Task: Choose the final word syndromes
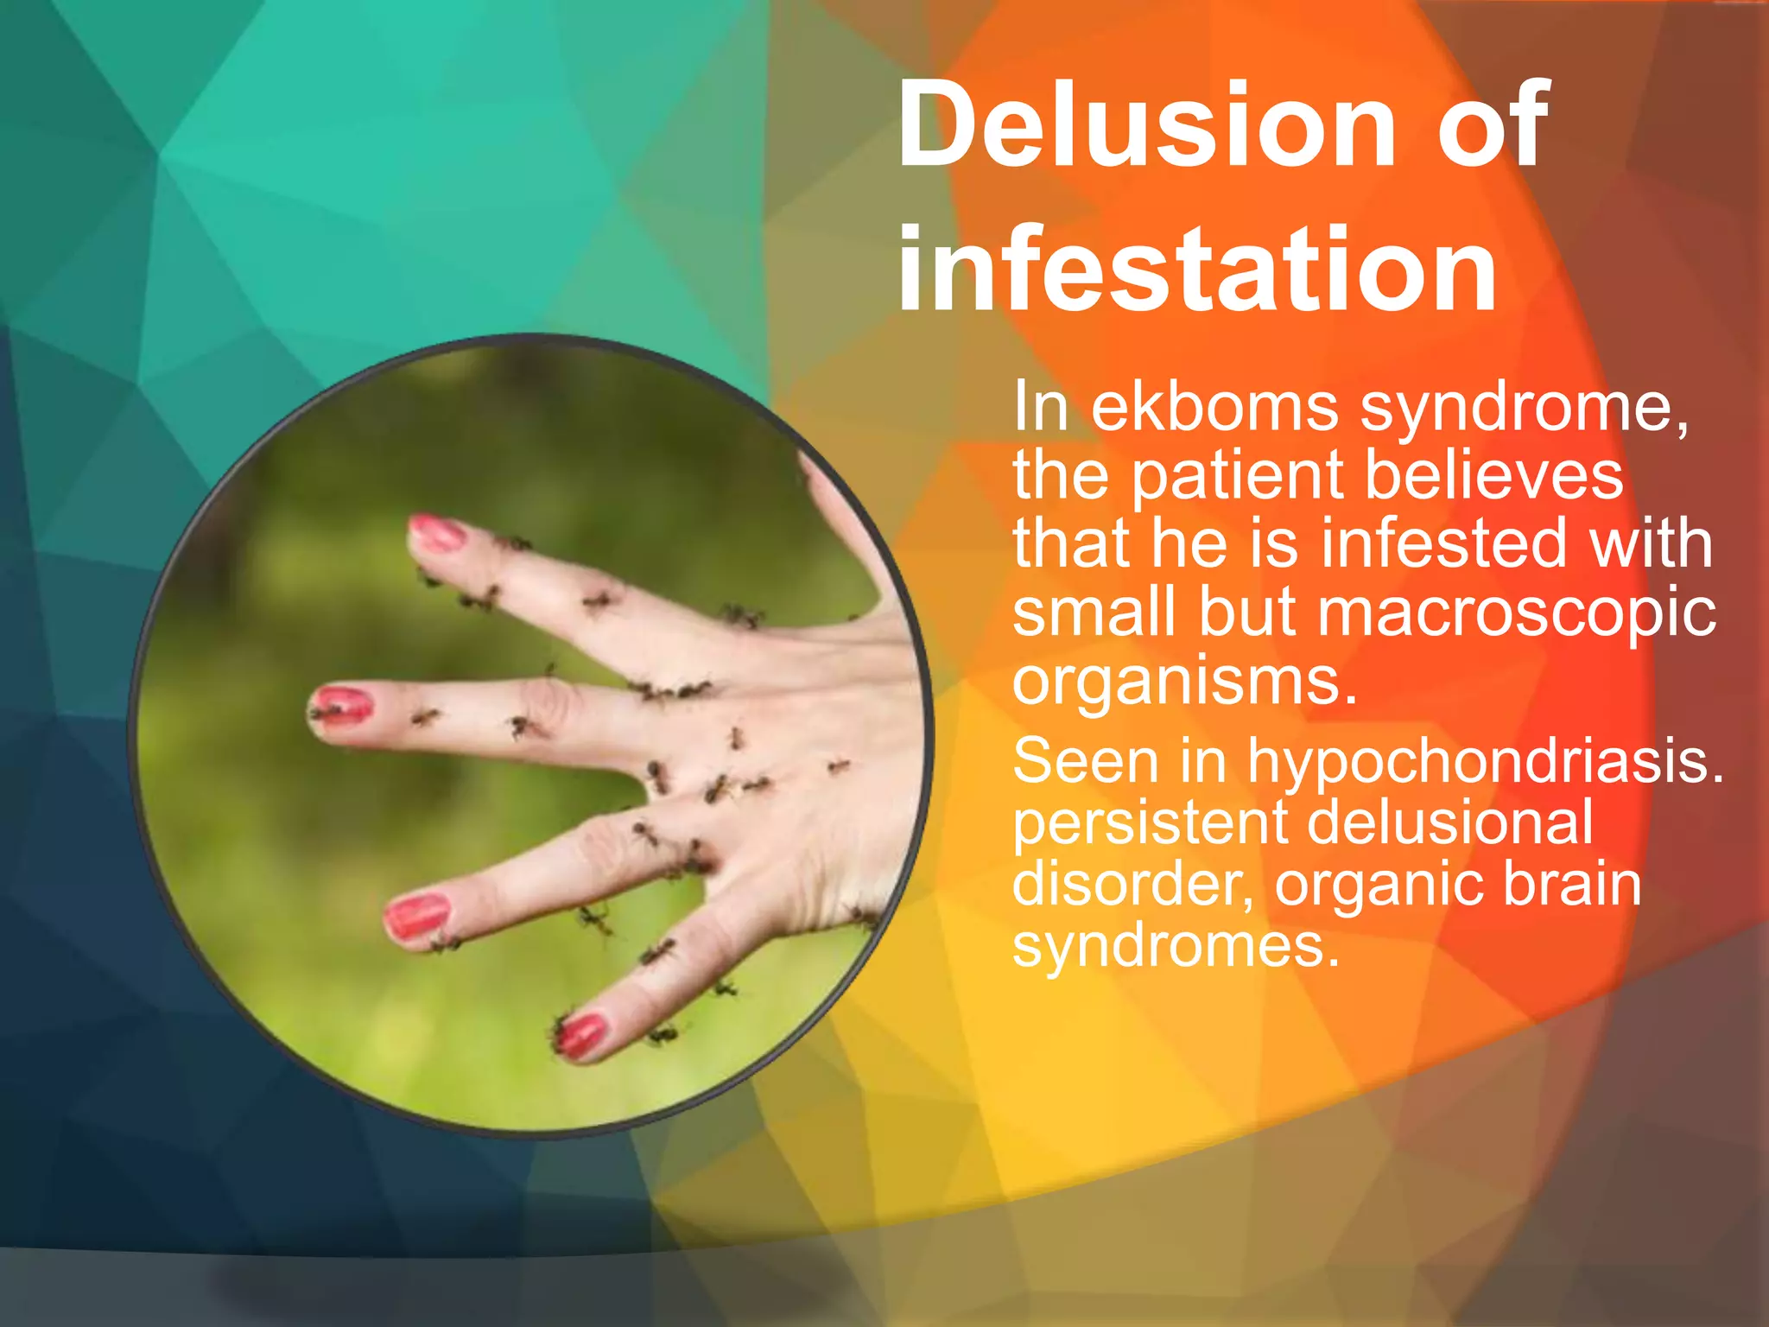coord(1176,949)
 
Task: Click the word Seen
coord(1085,761)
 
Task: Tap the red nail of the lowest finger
coord(583,1034)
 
